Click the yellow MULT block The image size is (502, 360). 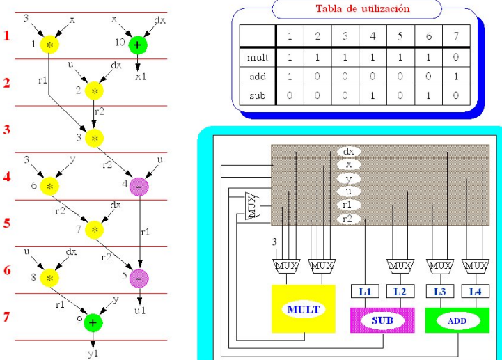click(x=304, y=308)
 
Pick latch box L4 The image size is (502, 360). click(x=476, y=292)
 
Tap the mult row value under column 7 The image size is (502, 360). click(x=455, y=56)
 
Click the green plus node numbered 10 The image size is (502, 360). click(x=136, y=45)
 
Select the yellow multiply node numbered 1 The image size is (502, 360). click(x=49, y=45)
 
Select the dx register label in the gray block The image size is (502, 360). click(x=348, y=151)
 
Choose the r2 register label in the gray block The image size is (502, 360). click(x=348, y=219)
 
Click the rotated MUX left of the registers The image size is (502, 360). click(x=253, y=206)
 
